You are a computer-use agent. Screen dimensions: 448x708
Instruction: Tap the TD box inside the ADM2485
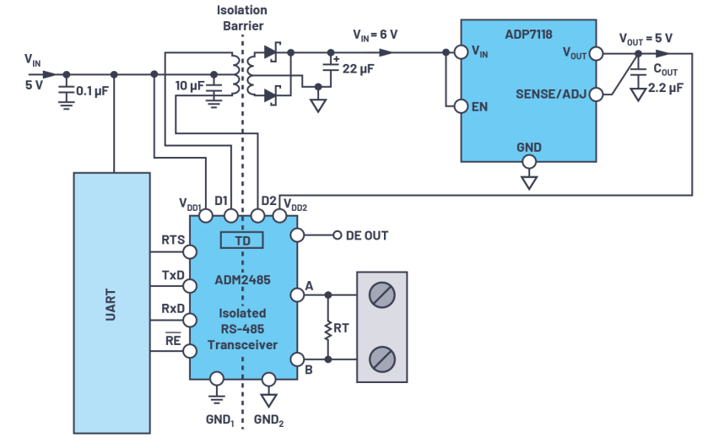tap(242, 241)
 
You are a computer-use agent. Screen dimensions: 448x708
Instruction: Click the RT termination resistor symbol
tap(327, 327)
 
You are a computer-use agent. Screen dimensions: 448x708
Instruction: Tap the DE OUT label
tap(367, 235)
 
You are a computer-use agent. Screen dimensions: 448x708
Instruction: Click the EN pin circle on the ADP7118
tap(461, 106)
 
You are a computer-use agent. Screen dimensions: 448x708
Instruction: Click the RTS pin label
tap(172, 240)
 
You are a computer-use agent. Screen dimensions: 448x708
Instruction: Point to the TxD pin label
tap(172, 275)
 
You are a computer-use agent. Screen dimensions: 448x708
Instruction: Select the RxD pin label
tap(172, 309)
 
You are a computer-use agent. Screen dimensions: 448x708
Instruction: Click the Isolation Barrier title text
tap(243, 18)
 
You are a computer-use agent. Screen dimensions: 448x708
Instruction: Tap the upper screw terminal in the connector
tap(382, 295)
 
